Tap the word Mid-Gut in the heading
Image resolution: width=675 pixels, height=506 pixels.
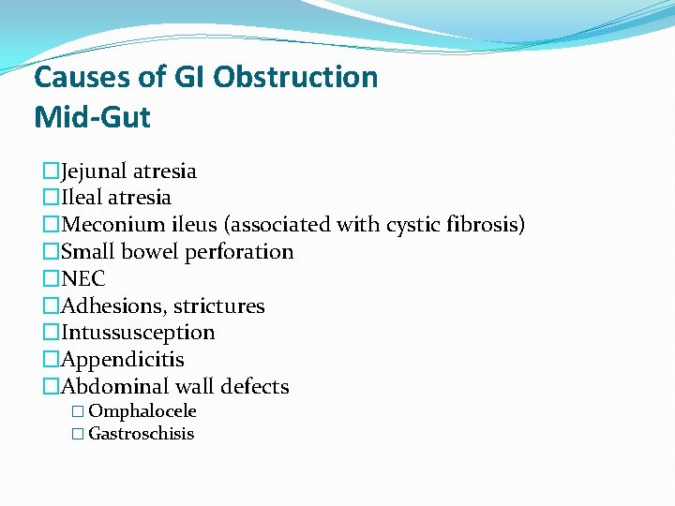click(x=92, y=117)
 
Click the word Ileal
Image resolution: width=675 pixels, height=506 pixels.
click(x=82, y=198)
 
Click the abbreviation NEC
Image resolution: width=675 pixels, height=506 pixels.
click(x=82, y=279)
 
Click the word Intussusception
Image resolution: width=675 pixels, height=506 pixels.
click(x=138, y=333)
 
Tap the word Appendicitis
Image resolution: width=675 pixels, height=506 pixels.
click(x=123, y=360)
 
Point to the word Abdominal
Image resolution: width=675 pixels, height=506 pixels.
click(x=112, y=387)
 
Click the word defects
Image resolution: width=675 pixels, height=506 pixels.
click(x=254, y=387)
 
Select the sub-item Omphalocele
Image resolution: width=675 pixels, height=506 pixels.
click(x=142, y=411)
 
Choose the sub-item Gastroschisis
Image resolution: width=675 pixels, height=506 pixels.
click(x=142, y=434)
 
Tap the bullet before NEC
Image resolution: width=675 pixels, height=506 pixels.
click(x=51, y=279)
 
